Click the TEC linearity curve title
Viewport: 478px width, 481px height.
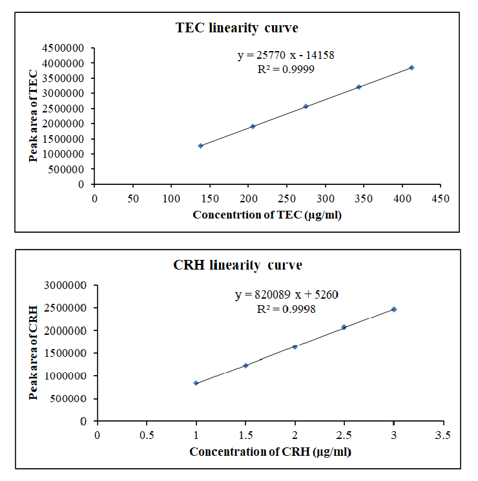pos(236,28)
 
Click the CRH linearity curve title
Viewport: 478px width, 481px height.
pos(237,265)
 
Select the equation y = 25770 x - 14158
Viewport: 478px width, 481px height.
pos(286,56)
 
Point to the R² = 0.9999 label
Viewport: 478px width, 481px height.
pos(286,69)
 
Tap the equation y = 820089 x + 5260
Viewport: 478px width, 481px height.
pos(287,295)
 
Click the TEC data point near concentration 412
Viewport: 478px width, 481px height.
pos(411,67)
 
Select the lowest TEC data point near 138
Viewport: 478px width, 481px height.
pos(201,145)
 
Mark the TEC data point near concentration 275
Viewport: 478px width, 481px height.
pos(306,106)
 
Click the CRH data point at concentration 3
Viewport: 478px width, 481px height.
pos(394,309)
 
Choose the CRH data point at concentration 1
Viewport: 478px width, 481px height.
pos(196,383)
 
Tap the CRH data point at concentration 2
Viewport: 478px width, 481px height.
pos(295,347)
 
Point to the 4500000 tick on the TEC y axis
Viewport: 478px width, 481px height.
pos(66,48)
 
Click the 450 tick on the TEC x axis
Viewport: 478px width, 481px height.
pos(441,197)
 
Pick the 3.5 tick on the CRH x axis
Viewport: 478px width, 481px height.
pos(443,434)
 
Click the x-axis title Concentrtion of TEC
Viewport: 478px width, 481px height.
pos(267,215)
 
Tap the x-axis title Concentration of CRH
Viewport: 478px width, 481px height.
pos(270,452)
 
